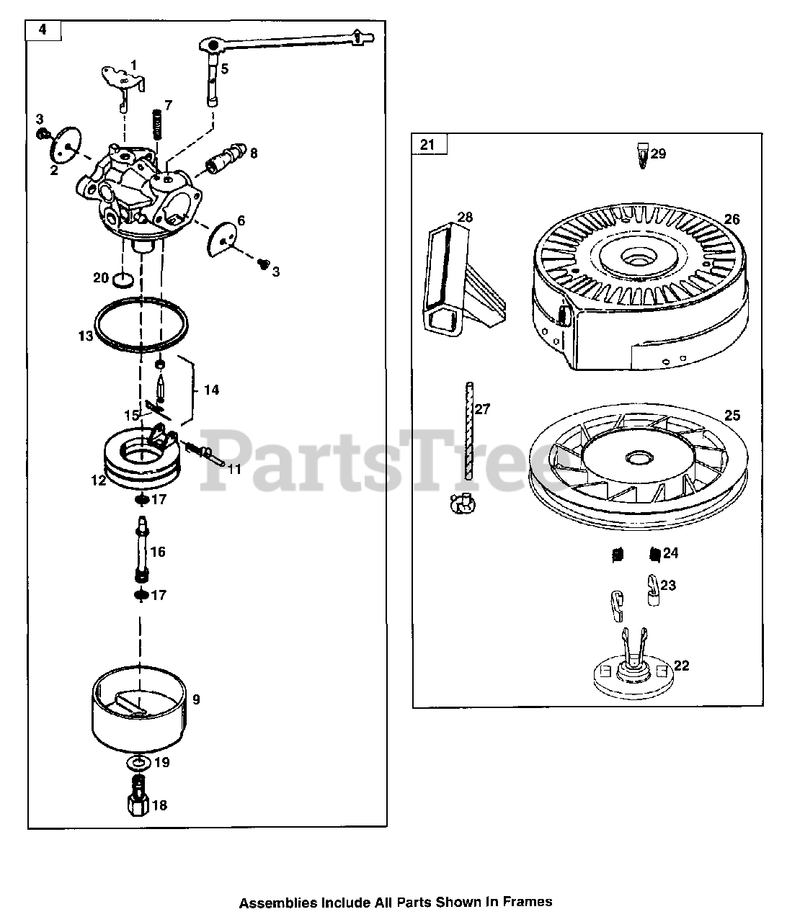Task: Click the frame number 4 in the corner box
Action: coord(43,30)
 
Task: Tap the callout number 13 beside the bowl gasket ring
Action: coord(85,336)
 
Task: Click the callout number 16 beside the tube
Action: coord(158,552)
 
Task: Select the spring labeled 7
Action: coord(156,125)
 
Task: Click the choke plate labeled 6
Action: coord(222,240)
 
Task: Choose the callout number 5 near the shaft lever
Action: coord(225,68)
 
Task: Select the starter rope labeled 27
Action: coord(468,431)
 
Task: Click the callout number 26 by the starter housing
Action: coord(732,219)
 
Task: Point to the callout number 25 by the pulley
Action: coord(732,416)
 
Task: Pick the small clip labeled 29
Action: coord(643,156)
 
